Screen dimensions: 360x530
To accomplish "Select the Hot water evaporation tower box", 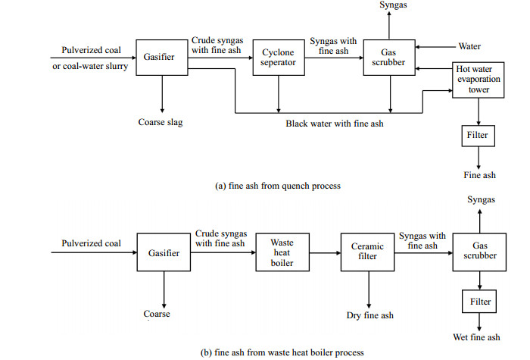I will [478, 79].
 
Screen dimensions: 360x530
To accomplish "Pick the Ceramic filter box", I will [367, 252].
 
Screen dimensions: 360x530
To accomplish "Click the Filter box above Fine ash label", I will [478, 136].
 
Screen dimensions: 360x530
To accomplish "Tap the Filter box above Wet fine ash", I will [479, 301].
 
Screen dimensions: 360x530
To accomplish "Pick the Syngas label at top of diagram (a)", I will [390, 6].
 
